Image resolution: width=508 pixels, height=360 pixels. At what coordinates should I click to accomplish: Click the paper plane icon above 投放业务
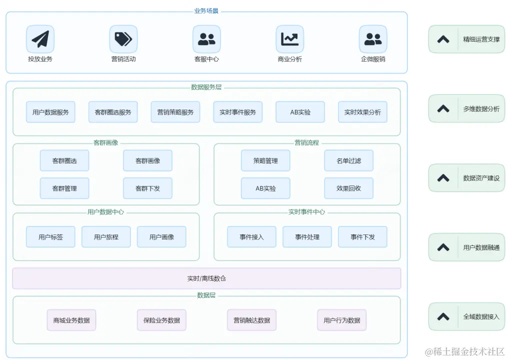(x=40, y=39)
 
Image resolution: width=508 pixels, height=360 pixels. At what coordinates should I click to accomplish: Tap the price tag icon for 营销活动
(x=123, y=39)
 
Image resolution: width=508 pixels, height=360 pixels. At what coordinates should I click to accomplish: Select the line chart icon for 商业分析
(x=289, y=39)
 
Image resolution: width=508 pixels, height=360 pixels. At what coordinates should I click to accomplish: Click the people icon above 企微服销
(x=373, y=39)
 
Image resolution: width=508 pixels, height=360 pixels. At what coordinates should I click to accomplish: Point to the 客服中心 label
(x=206, y=59)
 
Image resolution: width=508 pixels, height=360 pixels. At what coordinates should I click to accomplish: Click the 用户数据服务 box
(x=50, y=112)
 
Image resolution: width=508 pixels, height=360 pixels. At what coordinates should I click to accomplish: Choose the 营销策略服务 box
(x=175, y=112)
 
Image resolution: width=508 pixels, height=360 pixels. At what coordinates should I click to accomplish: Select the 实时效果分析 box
(x=362, y=112)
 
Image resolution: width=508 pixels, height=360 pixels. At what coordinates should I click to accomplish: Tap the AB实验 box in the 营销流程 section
(x=265, y=188)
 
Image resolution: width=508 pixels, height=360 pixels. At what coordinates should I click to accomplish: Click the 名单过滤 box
(x=348, y=160)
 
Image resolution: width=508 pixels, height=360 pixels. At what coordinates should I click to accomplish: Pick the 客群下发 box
(x=147, y=188)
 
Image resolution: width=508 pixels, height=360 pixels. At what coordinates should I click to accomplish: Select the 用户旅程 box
(x=106, y=237)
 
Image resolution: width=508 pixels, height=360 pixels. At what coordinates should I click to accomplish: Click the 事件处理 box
(x=307, y=237)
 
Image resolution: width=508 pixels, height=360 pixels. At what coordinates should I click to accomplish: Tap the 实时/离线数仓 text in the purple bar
(x=206, y=278)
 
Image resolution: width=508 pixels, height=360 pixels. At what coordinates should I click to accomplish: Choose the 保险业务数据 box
(x=161, y=320)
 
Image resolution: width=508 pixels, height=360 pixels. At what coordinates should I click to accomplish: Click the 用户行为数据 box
(x=341, y=320)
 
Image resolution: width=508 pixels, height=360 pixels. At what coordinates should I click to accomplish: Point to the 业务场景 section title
(x=206, y=11)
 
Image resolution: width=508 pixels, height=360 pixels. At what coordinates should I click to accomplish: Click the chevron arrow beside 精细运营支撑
(x=443, y=39)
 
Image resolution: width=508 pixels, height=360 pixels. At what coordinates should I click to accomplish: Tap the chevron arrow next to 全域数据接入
(x=443, y=316)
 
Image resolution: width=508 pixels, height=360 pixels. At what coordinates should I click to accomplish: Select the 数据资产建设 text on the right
(x=481, y=178)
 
